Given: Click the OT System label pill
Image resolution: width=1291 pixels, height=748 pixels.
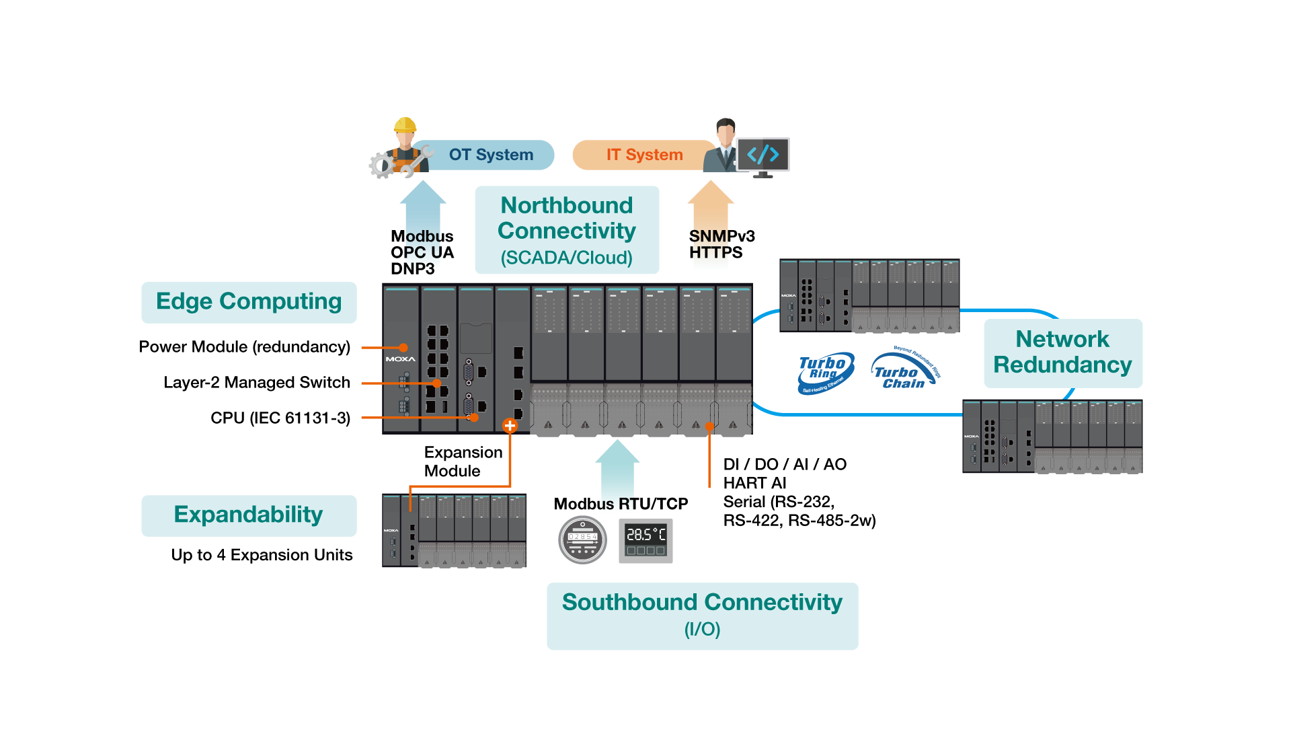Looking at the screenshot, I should coord(491,155).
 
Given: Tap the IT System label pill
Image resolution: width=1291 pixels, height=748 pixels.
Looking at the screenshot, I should coord(644,155).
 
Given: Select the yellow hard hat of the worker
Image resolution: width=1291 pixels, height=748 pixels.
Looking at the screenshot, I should coord(405,125).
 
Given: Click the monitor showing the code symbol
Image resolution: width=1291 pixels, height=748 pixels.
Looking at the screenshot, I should coord(763,155).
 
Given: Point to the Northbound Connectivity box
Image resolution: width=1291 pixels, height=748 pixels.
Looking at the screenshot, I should coord(567,230).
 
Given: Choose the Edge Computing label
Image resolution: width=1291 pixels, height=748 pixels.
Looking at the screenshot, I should coord(249,302).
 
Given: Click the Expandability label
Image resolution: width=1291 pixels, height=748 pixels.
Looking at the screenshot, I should coord(249,515).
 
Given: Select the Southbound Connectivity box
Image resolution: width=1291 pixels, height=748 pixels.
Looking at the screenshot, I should coord(702,615).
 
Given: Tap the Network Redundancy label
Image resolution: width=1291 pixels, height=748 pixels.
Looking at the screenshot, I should coord(1062,352).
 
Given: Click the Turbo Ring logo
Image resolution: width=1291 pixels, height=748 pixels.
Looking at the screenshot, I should coord(825,373).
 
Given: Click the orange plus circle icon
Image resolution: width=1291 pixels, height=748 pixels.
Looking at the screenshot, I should coord(510,426).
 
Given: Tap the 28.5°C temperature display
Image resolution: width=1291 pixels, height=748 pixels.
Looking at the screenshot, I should coord(645,541).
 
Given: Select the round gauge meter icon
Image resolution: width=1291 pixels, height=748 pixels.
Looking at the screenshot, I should coord(582,539).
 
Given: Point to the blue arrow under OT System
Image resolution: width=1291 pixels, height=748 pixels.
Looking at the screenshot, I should coord(423,222).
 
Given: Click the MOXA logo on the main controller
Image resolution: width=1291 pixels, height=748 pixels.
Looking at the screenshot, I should coord(401,359).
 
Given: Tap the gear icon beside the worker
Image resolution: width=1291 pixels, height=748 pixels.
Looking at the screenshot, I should coord(382,165).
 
